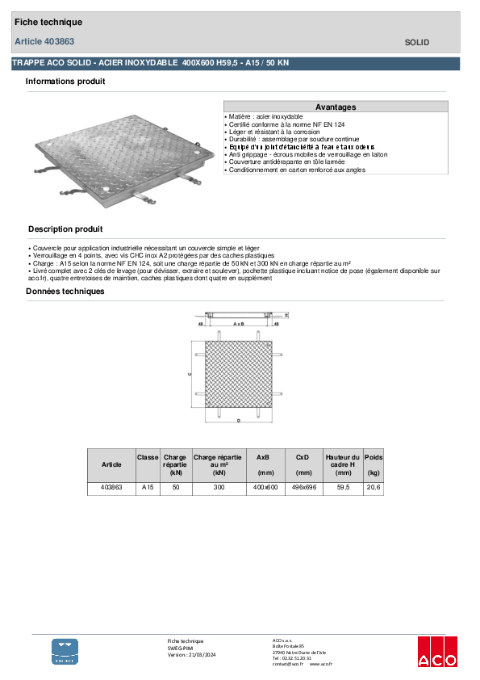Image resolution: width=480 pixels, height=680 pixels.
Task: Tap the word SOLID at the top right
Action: point(416,42)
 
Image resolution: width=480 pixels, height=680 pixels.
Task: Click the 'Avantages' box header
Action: point(336,107)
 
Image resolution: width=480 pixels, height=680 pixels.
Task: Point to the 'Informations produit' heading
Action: point(65,82)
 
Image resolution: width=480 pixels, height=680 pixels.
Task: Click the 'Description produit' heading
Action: point(65,229)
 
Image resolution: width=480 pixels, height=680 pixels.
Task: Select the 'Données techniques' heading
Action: point(65,292)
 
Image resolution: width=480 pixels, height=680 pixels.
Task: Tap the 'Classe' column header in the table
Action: point(148,457)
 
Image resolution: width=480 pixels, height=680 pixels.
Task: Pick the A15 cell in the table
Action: point(148,488)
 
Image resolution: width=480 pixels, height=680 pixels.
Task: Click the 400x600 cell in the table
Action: point(265,488)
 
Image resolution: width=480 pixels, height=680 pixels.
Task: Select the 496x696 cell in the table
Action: point(304,488)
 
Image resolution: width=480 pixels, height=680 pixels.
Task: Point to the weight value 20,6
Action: point(374,488)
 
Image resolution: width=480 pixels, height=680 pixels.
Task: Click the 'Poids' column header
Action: point(374,457)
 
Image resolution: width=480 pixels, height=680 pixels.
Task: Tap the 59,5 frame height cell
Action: point(343,488)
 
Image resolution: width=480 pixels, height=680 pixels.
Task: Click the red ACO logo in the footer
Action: point(436,652)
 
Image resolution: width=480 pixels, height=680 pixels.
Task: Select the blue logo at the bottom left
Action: point(65,651)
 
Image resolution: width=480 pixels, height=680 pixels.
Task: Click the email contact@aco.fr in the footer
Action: point(288,664)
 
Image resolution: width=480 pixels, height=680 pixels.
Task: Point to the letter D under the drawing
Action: point(239,422)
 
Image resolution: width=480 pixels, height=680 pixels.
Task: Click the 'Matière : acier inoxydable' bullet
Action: point(270,117)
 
